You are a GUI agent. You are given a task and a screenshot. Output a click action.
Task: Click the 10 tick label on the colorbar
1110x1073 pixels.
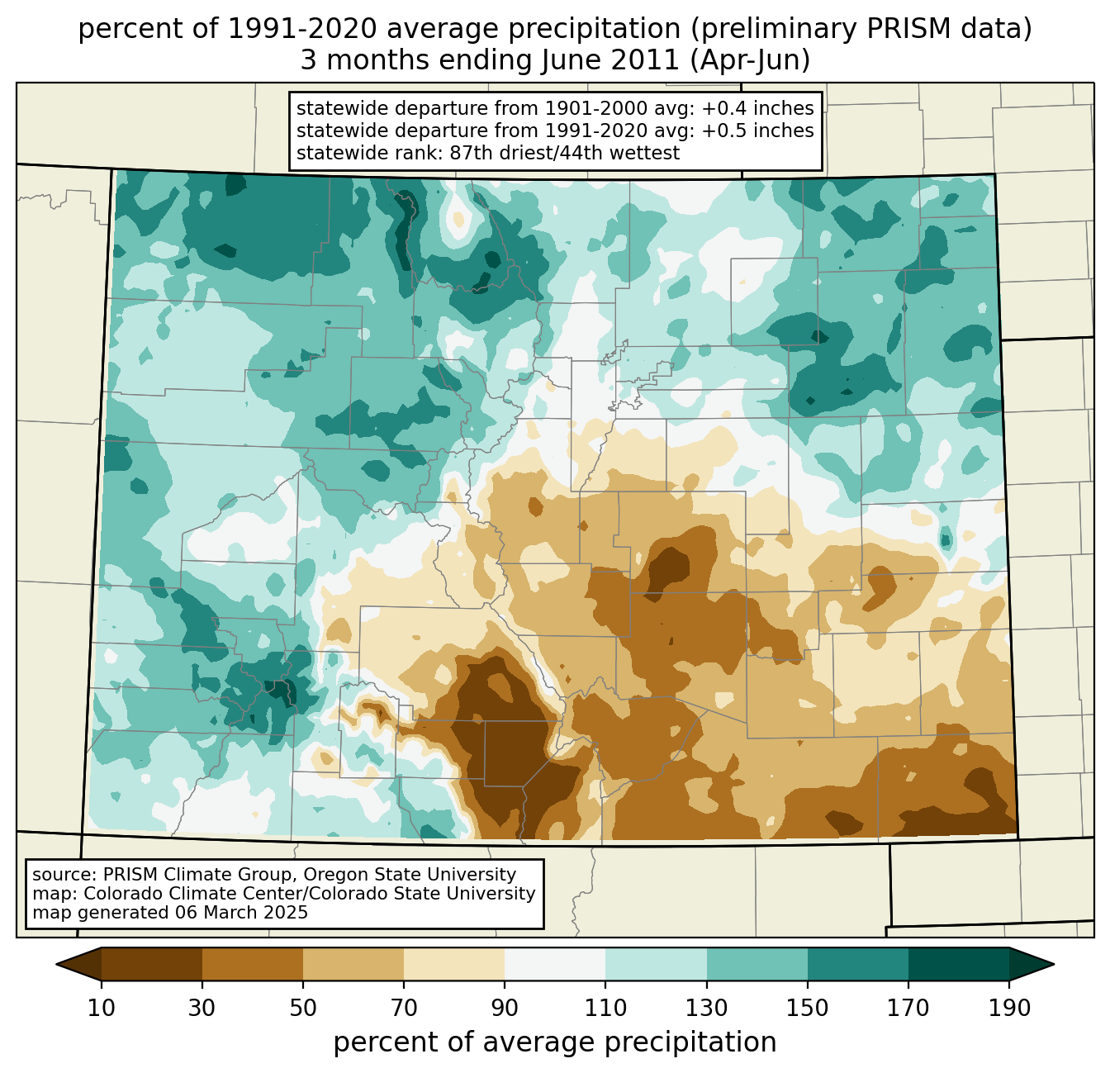click(102, 1009)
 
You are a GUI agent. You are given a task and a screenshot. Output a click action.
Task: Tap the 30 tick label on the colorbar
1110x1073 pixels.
click(202, 1009)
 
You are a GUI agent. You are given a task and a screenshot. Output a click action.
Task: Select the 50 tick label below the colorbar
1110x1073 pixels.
click(303, 1009)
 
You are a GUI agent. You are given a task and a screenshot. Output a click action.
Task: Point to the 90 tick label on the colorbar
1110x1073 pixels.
click(505, 1009)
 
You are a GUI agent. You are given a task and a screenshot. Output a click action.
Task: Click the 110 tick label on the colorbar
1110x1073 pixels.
click(605, 1009)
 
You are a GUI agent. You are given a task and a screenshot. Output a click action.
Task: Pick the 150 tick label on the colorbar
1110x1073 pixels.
click(808, 1009)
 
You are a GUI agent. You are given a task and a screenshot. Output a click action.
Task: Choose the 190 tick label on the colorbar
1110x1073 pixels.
click(1009, 1009)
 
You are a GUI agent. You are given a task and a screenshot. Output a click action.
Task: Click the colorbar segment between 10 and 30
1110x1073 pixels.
click(152, 964)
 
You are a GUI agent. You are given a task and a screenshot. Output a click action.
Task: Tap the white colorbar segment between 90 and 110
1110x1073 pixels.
click(555, 964)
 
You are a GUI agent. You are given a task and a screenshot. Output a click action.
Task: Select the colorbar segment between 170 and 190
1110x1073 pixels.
click(959, 964)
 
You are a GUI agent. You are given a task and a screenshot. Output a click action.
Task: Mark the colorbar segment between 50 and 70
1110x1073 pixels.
click(353, 964)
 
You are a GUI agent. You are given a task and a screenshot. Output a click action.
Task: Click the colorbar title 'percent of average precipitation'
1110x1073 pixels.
click(555, 1042)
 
